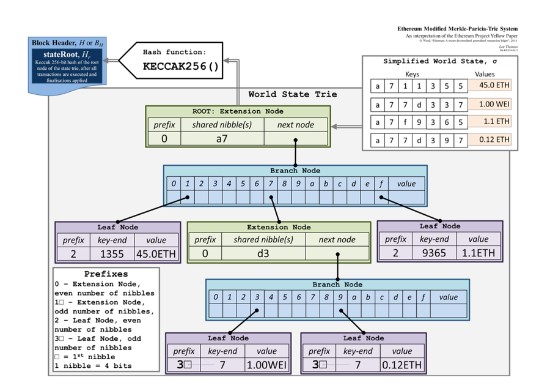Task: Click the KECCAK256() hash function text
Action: [180, 66]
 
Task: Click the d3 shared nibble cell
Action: [263, 253]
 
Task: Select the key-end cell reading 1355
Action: [112, 253]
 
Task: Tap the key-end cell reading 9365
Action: [435, 253]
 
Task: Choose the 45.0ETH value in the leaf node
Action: [157, 253]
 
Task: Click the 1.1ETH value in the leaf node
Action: [479, 253]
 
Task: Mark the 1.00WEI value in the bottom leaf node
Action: [266, 365]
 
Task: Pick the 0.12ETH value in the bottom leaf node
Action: [402, 365]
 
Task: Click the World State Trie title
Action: [292, 94]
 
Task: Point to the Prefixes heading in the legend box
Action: [106, 274]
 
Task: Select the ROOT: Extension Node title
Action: [237, 111]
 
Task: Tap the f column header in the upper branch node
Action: [381, 183]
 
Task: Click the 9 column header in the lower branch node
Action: [340, 297]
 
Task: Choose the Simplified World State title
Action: [439, 61]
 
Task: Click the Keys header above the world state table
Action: [412, 74]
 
